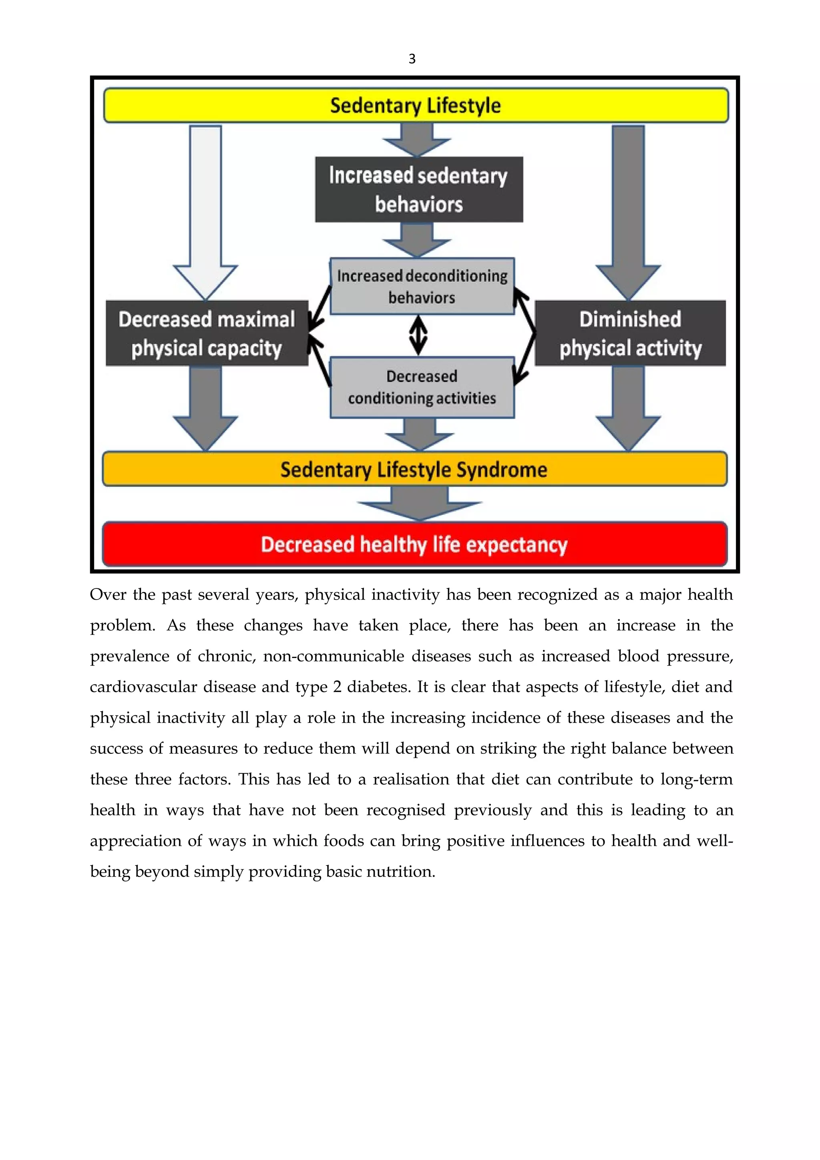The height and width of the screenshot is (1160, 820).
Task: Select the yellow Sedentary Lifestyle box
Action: tap(415, 106)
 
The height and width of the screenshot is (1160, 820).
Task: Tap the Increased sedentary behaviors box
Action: tap(419, 189)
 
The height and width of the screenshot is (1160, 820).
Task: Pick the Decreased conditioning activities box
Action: tap(422, 387)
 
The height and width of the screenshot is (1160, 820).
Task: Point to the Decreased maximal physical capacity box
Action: tap(207, 333)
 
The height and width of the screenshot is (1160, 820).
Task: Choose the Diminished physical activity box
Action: tap(630, 333)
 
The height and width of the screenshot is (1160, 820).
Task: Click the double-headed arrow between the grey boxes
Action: tap(418, 335)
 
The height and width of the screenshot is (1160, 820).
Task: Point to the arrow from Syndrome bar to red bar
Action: tap(419, 503)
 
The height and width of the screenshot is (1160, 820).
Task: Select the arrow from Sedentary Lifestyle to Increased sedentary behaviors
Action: tap(417, 140)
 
